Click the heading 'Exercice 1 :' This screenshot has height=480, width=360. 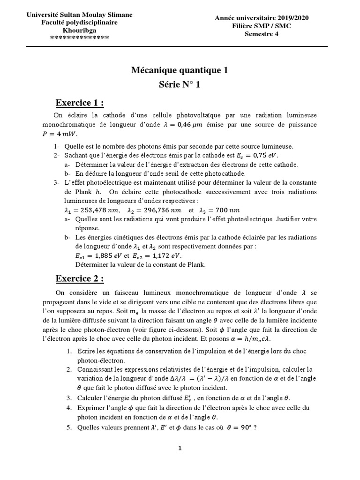click(80, 103)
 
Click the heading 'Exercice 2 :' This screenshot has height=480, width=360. click(80, 278)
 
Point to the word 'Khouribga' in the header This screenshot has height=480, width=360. click(79, 30)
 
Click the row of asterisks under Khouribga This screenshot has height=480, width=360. click(79, 37)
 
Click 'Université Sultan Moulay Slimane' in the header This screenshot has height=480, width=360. click(79, 15)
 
